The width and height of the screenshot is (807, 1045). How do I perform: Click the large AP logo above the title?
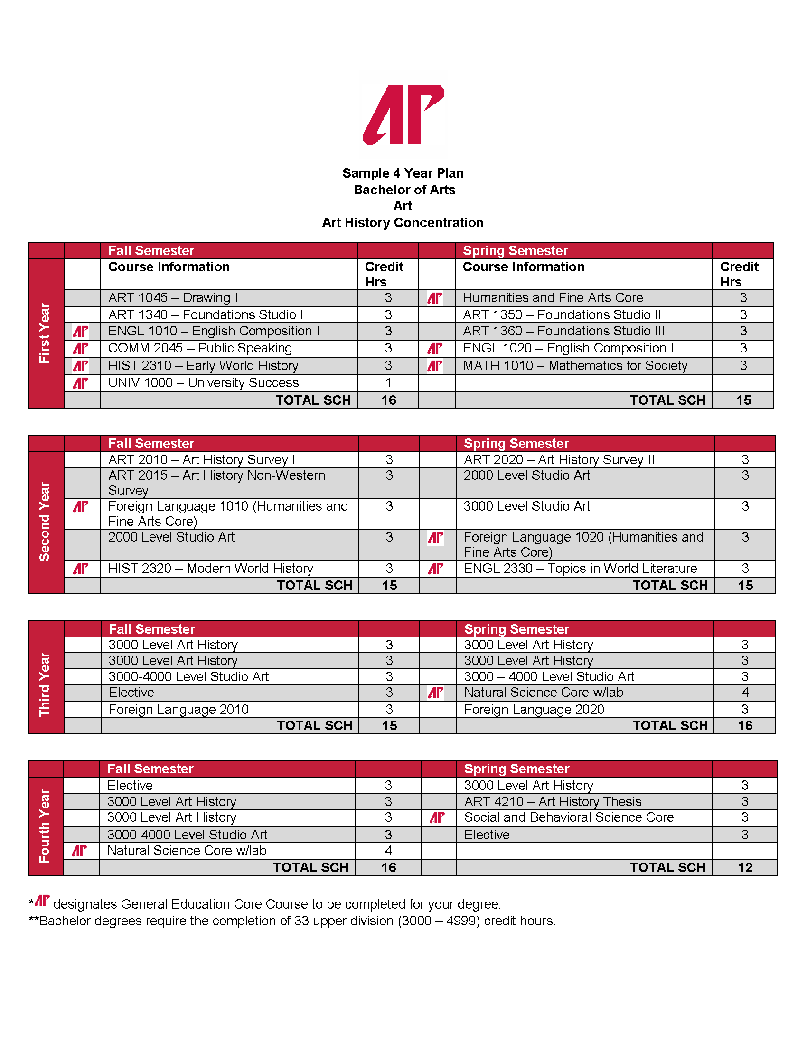[403, 115]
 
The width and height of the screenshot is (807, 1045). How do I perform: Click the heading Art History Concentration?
[403, 222]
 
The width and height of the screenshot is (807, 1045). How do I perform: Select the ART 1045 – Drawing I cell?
[173, 298]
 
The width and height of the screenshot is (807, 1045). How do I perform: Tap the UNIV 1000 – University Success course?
[203, 383]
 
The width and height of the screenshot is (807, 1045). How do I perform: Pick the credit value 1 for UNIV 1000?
[388, 383]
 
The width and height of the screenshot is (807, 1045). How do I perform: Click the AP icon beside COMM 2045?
[80, 348]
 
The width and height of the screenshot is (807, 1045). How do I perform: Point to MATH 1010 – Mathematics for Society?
[575, 366]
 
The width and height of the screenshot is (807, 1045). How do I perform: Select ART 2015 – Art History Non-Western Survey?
[216, 482]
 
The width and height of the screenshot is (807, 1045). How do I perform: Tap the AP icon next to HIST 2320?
[80, 569]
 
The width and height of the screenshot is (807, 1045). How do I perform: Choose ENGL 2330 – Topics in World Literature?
[580, 569]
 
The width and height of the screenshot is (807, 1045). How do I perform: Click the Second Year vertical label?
[45, 522]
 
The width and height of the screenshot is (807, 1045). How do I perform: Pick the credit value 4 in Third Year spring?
[745, 693]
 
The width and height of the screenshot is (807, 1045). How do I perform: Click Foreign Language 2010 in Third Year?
[178, 709]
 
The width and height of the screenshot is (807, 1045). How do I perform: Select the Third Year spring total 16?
[745, 725]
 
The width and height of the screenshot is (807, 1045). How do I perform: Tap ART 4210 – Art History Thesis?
[553, 801]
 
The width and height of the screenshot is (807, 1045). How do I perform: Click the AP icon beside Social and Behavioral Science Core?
[437, 818]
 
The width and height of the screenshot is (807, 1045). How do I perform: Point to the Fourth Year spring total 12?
[745, 867]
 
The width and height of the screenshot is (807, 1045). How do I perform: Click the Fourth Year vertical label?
[45, 826]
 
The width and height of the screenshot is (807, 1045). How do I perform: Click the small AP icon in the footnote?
[42, 901]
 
